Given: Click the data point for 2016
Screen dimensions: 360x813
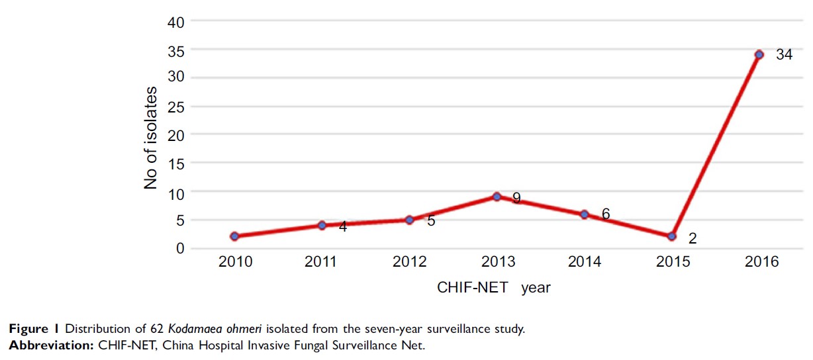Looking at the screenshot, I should point(759,54).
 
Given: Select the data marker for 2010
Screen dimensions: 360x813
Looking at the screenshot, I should point(234,236).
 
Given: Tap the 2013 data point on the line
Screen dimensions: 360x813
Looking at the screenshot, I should point(497,197).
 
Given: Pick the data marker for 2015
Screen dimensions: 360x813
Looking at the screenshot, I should point(672,236).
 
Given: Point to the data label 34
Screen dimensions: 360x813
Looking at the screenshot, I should point(784,55).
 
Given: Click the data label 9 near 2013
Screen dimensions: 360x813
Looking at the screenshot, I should point(516,197).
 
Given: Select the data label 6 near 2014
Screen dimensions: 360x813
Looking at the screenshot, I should point(605,214).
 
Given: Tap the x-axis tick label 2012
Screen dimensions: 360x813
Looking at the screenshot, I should point(409,262).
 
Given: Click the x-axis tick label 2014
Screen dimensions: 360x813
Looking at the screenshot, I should point(585,262).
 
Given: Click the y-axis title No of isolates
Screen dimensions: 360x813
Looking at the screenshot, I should point(151,138).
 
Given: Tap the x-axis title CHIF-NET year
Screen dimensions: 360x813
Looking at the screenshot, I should point(494,288).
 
